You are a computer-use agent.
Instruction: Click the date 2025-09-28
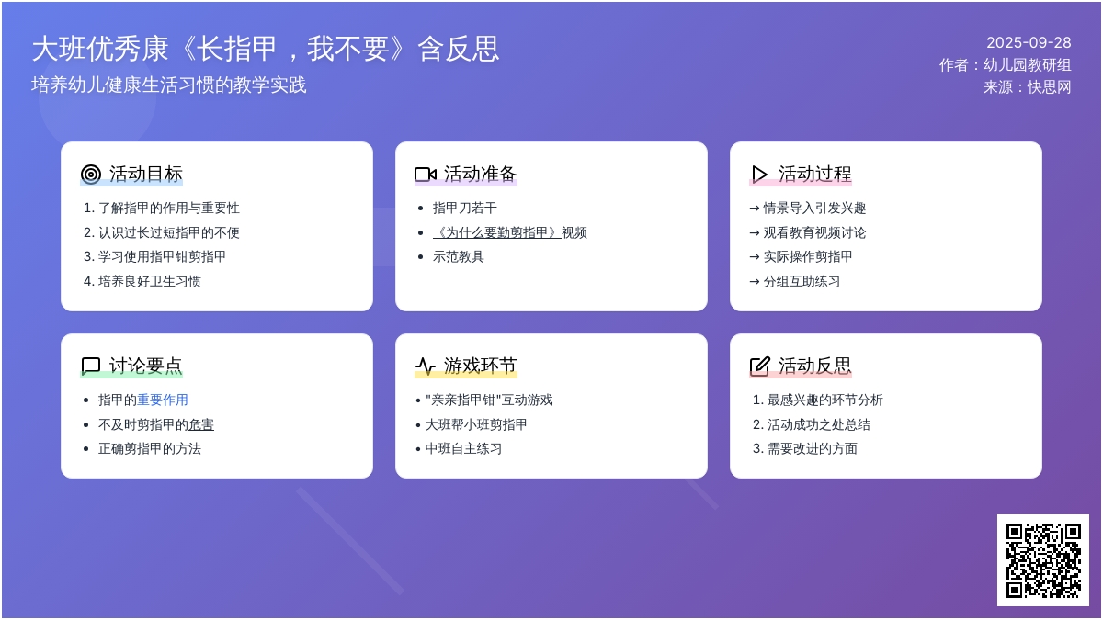1029,43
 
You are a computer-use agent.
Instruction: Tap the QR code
1043,560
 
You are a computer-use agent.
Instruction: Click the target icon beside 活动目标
91,175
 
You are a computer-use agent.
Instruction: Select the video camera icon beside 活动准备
426,175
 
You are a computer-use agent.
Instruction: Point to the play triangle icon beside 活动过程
759,175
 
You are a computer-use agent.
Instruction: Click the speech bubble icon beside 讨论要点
91,366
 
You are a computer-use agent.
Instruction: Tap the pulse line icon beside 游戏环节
426,366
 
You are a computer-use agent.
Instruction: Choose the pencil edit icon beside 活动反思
759,366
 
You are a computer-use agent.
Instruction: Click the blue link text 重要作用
163,400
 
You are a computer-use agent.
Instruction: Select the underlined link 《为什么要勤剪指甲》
497,232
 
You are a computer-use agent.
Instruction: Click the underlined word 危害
201,424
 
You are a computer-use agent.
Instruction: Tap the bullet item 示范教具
459,257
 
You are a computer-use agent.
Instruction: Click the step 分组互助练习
802,281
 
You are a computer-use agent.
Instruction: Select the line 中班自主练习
464,449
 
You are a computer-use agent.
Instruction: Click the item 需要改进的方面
813,449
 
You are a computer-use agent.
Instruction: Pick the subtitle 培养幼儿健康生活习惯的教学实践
169,85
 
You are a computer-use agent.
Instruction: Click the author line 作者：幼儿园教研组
1005,65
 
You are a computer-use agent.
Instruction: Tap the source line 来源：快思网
1028,87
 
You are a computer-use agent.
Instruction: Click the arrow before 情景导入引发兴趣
755,209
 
